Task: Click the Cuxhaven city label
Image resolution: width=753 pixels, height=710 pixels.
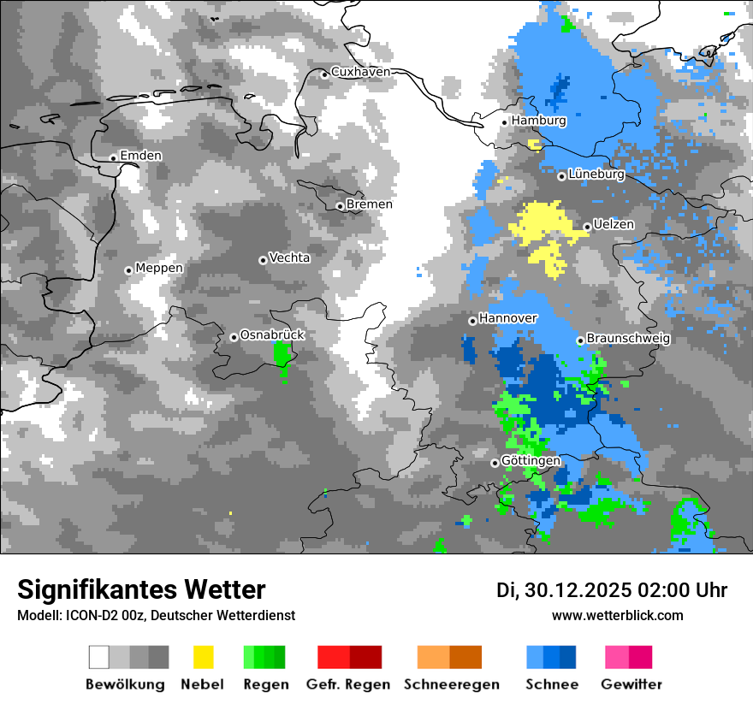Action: [360, 73]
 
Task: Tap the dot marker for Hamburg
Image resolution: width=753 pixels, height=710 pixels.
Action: [505, 122]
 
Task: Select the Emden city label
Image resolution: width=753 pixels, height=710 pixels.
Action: [140, 156]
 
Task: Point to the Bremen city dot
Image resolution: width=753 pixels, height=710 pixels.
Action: [340, 206]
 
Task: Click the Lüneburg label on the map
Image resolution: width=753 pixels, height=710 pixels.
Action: [596, 175]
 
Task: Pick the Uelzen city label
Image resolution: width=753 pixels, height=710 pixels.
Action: [614, 225]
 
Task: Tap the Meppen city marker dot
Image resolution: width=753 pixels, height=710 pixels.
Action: [128, 270]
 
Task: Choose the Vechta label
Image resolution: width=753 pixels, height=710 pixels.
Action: [289, 257]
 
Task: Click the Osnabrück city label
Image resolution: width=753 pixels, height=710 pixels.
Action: [272, 335]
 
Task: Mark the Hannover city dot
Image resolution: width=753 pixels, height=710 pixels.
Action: [472, 321]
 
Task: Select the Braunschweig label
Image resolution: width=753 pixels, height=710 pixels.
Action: [628, 339]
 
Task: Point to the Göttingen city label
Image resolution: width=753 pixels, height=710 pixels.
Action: [531, 461]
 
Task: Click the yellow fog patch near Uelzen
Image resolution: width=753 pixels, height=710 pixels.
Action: [543, 227]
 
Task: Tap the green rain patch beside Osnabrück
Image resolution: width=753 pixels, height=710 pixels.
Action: [282, 355]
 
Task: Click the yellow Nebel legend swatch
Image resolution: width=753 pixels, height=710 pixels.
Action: [204, 657]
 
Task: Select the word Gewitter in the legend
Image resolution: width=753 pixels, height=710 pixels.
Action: [631, 684]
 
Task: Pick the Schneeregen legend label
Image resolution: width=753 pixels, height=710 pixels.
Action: [452, 684]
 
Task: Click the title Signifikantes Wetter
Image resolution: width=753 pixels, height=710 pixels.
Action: [141, 589]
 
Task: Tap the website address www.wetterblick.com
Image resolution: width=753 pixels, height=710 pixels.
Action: [618, 616]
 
